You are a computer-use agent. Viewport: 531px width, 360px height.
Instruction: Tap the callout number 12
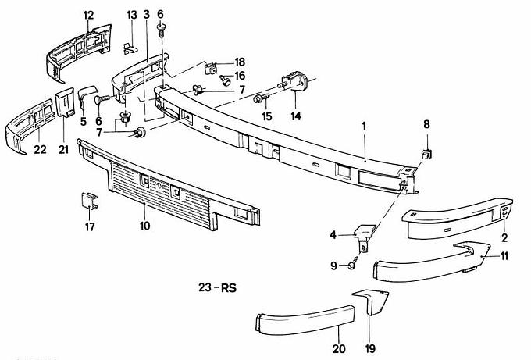click(x=87, y=15)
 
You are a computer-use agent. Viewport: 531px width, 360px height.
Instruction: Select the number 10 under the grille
click(x=144, y=226)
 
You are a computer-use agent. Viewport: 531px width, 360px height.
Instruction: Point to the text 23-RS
click(x=217, y=287)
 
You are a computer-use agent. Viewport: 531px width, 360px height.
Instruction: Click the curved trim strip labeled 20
click(x=305, y=322)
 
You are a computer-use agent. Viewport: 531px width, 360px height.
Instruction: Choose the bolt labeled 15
click(x=260, y=98)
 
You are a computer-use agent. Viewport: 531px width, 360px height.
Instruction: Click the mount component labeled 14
click(x=294, y=82)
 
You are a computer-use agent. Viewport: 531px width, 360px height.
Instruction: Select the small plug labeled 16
click(x=225, y=79)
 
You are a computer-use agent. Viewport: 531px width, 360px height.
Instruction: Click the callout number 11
click(x=504, y=255)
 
